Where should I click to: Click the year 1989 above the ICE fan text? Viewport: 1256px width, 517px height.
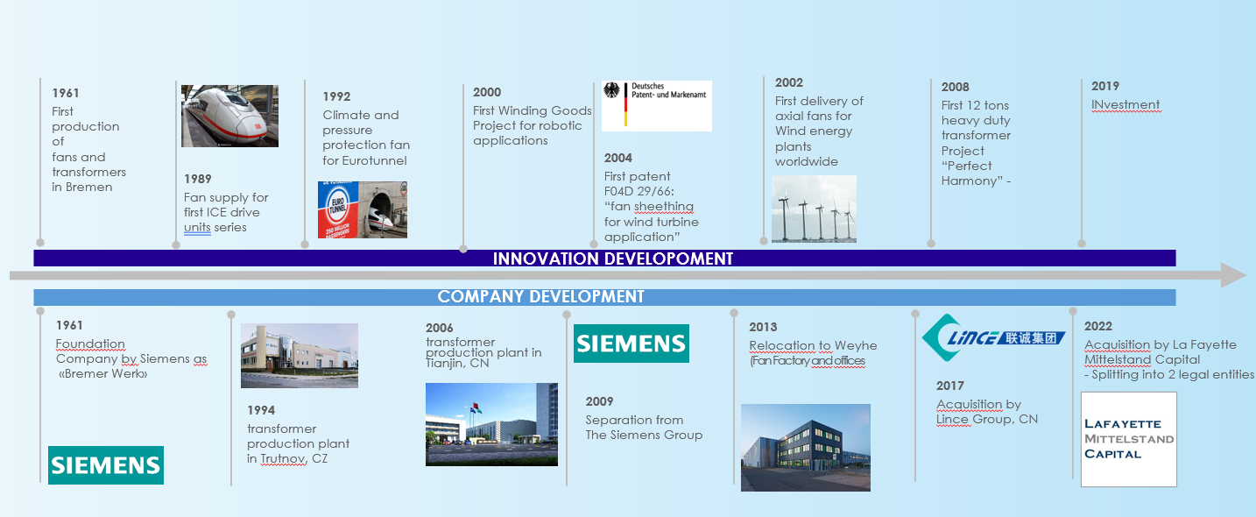[x=197, y=179]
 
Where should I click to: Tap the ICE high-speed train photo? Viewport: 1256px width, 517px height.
[x=229, y=116]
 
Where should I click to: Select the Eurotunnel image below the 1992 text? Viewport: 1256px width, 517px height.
[x=363, y=209]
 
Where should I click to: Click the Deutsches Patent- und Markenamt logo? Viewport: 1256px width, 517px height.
[x=657, y=106]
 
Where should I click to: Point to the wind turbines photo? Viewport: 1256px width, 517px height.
[x=815, y=209]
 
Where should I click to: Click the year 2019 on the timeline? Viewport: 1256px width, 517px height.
[x=1105, y=87]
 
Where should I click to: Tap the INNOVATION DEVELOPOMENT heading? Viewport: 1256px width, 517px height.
[x=613, y=258]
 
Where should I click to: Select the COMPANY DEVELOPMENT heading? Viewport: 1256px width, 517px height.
[x=540, y=297]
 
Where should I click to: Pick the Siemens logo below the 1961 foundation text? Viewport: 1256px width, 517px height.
[x=106, y=465]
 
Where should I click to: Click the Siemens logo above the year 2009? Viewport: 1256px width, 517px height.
[x=632, y=343]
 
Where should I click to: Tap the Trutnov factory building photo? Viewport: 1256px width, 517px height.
[x=300, y=356]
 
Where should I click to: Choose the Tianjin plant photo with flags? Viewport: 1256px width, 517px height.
[x=491, y=424]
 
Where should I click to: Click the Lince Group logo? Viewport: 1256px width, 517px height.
[x=993, y=337]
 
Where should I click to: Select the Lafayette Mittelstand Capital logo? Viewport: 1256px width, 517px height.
[x=1129, y=439]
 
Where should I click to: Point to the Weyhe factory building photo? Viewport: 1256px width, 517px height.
[x=806, y=448]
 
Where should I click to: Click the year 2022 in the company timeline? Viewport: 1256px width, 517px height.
[x=1097, y=326]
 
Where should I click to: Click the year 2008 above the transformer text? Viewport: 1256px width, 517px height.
[x=956, y=87]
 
